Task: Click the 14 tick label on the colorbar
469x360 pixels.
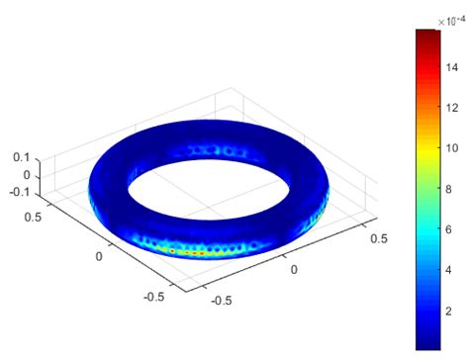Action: click(x=452, y=68)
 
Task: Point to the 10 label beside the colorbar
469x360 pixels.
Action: click(x=452, y=148)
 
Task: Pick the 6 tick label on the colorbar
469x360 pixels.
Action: click(x=449, y=229)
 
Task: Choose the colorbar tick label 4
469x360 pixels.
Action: click(x=449, y=270)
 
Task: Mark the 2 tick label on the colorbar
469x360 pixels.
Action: click(x=449, y=311)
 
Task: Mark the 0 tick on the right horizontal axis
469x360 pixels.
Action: click(x=294, y=268)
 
